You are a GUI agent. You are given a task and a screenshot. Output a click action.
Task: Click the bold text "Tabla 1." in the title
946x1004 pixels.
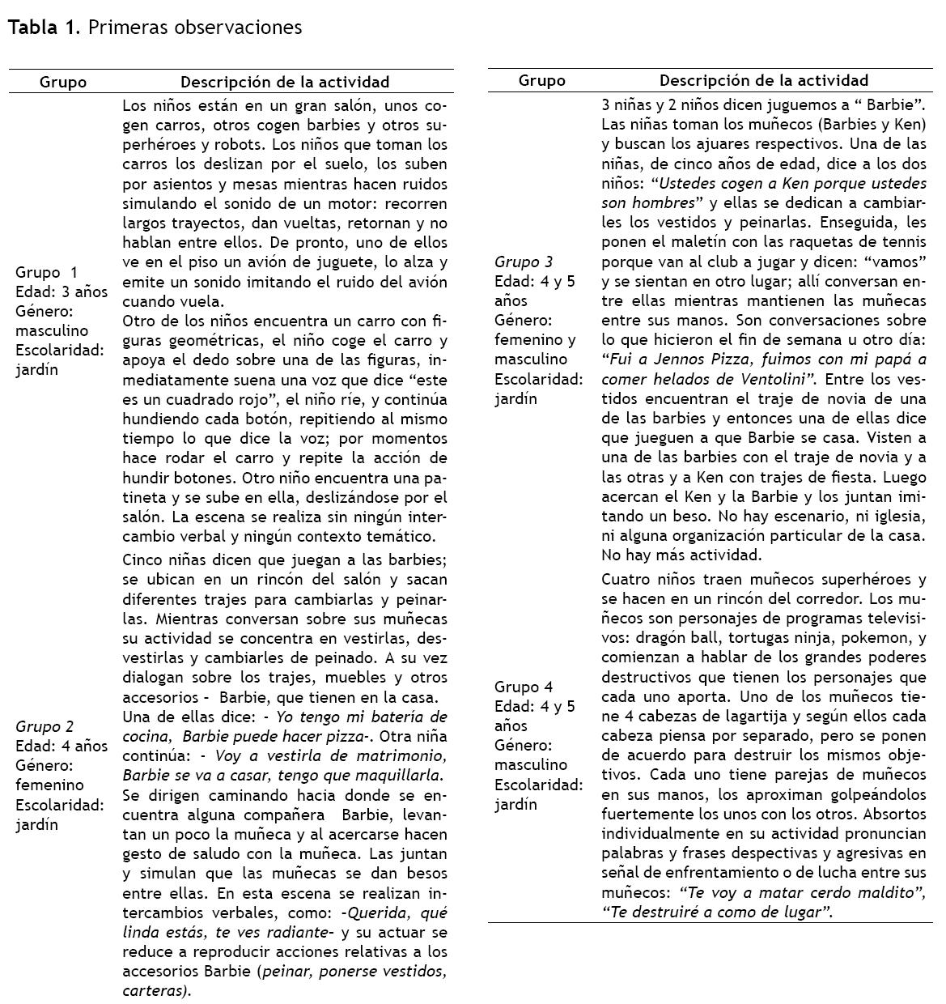[44, 28]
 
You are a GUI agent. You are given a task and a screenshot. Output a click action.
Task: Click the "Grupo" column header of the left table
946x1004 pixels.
[63, 82]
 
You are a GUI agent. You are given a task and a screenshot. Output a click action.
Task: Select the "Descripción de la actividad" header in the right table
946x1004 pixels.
[763, 80]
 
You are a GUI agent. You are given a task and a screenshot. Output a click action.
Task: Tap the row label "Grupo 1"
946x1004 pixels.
[47, 272]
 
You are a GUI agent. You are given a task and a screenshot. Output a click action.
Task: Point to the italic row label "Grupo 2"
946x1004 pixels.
[45, 726]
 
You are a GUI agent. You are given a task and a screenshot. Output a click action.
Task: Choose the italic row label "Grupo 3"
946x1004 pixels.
[524, 262]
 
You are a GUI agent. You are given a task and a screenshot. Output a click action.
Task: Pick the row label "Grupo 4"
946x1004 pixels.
[524, 687]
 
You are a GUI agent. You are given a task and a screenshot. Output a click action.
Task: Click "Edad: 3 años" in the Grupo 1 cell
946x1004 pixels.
[62, 291]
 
